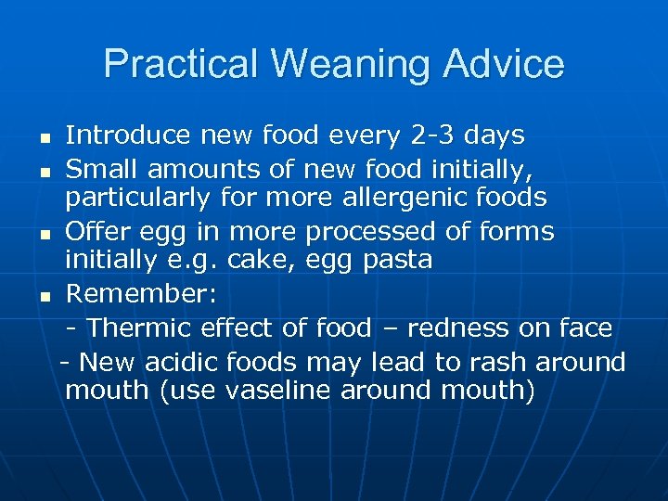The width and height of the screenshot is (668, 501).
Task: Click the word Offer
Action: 96,232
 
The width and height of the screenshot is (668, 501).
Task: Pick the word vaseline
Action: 275,392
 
